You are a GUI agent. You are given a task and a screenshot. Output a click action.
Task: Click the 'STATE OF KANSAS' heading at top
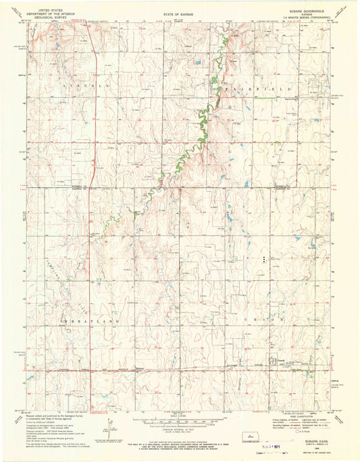(x=178, y=13)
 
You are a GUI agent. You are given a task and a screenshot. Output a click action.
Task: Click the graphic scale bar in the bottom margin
(x=177, y=421)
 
